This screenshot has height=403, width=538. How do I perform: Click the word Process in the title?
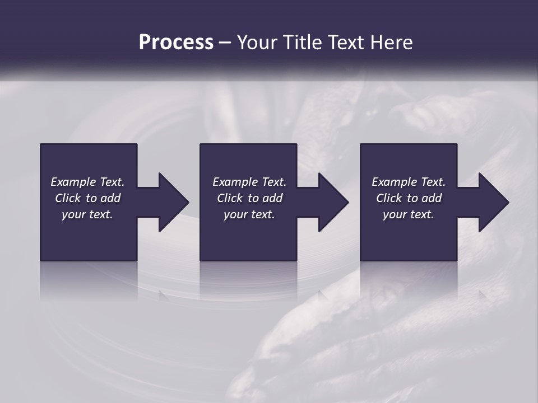[x=176, y=43]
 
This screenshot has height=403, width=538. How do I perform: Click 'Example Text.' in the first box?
[x=87, y=182]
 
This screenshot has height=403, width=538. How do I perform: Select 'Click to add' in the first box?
[x=87, y=198]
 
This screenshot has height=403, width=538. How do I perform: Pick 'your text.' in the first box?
[x=87, y=214]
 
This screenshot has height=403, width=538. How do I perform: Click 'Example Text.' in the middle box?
[x=249, y=182]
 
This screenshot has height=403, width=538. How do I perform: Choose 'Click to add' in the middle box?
[x=249, y=198]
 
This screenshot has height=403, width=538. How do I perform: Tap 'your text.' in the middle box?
[x=249, y=214]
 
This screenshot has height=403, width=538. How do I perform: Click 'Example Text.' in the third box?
[x=409, y=182]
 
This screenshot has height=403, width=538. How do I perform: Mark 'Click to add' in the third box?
[x=409, y=198]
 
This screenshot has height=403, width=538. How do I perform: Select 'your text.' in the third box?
[x=409, y=214]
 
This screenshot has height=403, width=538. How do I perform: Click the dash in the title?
[x=225, y=43]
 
